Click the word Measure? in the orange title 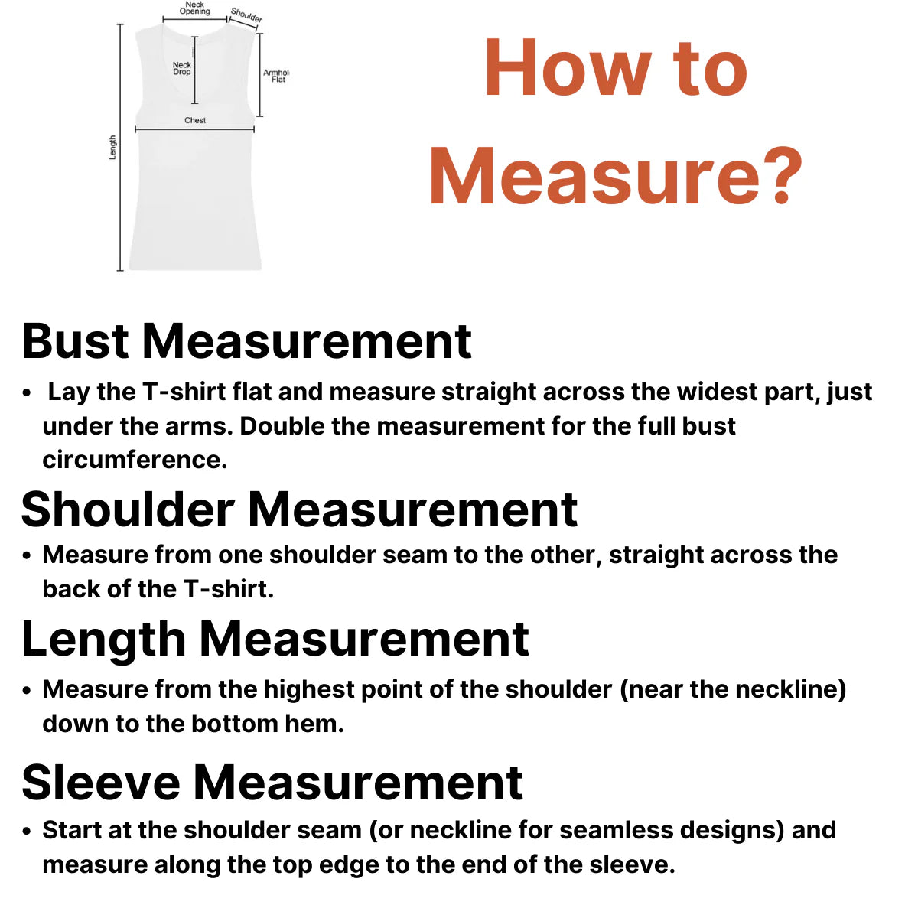616,177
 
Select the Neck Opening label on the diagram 194,8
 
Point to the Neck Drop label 182,69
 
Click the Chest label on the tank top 195,120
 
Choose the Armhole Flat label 275,76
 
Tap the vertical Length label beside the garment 112,147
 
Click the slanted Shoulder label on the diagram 246,15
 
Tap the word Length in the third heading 104,640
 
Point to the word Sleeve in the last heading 100,783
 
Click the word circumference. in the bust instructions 135,460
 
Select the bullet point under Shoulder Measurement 27,555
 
